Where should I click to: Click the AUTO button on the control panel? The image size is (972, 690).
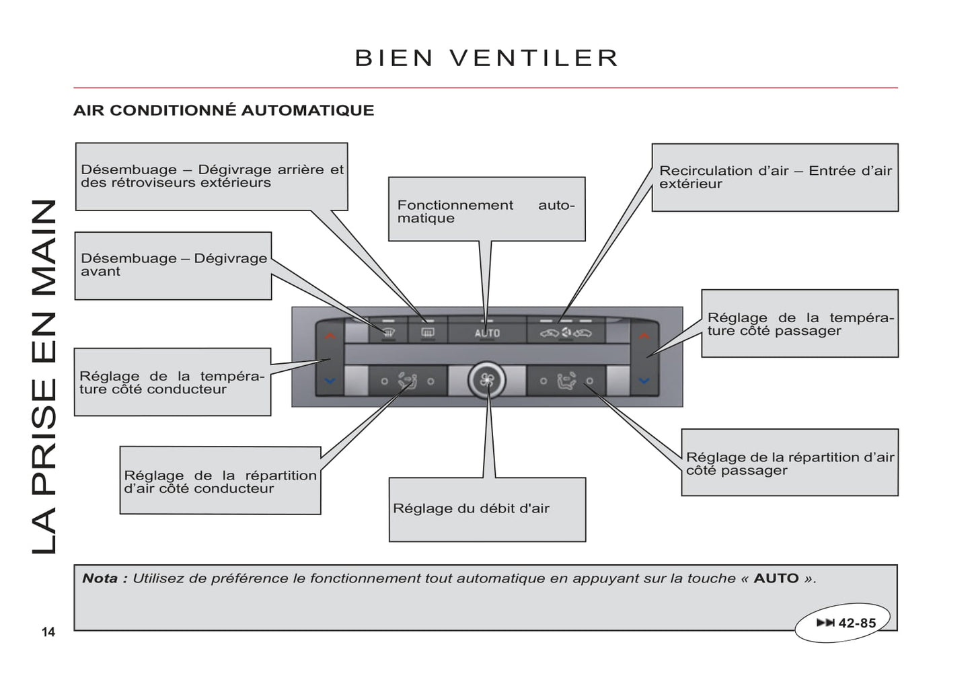[x=487, y=333]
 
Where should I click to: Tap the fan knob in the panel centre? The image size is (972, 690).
[x=487, y=381]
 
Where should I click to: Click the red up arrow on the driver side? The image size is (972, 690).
[x=330, y=335]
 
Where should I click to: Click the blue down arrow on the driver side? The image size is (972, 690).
[x=330, y=381]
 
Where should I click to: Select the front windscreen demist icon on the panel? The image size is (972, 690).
[x=389, y=332]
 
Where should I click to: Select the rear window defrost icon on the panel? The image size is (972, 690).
[x=427, y=332]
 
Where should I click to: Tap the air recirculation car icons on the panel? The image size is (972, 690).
[x=566, y=333]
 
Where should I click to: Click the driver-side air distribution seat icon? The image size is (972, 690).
[x=407, y=381]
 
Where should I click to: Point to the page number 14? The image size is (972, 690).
[x=48, y=631]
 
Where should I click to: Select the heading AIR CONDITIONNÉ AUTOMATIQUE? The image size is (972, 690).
[x=223, y=110]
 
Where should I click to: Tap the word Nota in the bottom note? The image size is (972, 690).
[x=100, y=578]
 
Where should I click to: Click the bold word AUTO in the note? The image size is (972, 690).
[x=776, y=578]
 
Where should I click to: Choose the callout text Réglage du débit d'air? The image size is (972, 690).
[x=471, y=509]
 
